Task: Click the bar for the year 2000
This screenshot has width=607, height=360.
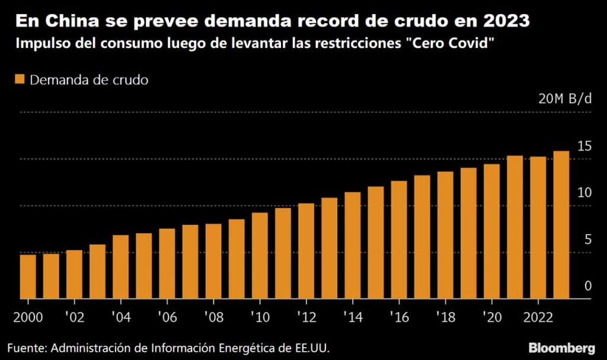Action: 28,276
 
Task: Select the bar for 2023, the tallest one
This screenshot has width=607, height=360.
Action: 561,225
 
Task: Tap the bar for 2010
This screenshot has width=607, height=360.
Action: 260,256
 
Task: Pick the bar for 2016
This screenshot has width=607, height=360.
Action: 399,240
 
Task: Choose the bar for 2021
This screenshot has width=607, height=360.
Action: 515,227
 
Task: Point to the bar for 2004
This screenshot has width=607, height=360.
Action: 120,267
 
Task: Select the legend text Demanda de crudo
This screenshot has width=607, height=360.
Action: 89,80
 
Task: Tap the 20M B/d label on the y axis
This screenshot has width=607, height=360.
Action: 565,99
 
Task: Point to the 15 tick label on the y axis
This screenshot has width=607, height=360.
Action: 584,146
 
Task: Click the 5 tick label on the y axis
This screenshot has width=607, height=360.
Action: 587,240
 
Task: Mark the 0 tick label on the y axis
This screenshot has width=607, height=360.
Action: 587,286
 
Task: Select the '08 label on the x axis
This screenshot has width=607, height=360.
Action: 213,315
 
